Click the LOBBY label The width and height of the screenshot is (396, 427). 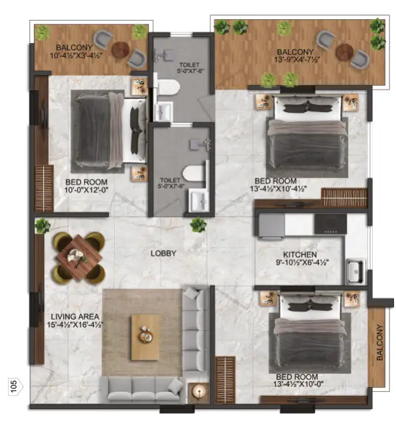point(163,253)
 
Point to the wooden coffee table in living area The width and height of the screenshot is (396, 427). point(145,336)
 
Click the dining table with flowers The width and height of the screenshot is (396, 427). point(78,255)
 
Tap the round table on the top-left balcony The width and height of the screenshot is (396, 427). point(121,48)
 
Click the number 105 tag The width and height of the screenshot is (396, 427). point(13,386)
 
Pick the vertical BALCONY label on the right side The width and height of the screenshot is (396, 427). point(379,342)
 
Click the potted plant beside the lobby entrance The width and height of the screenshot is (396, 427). point(198,225)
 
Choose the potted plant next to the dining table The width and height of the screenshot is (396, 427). point(43,225)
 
